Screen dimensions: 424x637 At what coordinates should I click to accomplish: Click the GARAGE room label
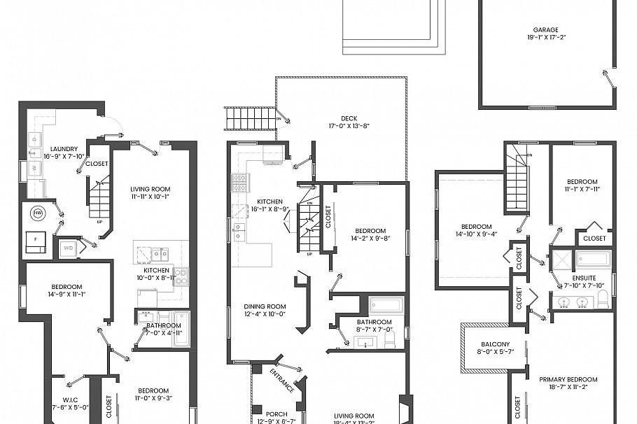545,30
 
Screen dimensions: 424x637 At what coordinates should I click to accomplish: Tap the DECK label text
349,118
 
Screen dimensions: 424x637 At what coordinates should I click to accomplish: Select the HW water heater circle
38,212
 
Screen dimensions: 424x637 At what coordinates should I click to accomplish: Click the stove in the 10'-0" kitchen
181,276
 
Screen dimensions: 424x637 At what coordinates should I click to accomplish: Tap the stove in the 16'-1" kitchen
239,183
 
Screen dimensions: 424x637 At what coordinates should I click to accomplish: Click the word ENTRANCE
283,380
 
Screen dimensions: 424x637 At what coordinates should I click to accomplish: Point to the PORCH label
266,414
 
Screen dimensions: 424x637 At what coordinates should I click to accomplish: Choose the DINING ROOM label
265,306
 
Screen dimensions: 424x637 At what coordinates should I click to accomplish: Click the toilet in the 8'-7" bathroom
391,340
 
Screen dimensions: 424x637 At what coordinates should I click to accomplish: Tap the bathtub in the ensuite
592,260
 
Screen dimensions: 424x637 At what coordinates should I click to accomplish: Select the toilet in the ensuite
603,302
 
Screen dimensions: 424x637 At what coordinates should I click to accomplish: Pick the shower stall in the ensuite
561,261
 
